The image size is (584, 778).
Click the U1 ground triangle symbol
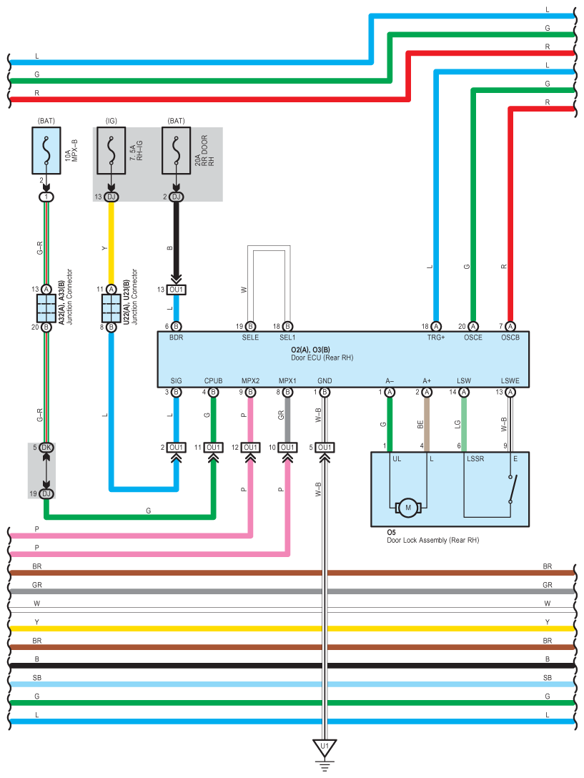[325, 748]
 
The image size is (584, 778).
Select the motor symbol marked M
[409, 508]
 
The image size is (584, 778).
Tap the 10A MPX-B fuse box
[46, 151]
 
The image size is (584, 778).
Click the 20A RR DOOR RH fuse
[176, 151]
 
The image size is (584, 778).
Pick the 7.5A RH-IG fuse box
[111, 151]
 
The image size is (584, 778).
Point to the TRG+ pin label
[436, 337]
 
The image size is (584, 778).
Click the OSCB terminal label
[510, 337]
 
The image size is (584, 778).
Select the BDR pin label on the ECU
[177, 337]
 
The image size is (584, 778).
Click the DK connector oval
[46, 448]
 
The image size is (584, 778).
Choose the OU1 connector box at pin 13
[176, 290]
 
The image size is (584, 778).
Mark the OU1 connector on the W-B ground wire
[325, 448]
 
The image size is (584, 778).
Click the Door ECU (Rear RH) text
[322, 358]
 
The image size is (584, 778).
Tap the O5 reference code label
[391, 533]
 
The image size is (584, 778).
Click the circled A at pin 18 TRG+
[436, 326]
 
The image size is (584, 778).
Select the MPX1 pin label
[287, 380]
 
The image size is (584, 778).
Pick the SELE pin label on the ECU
[250, 337]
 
